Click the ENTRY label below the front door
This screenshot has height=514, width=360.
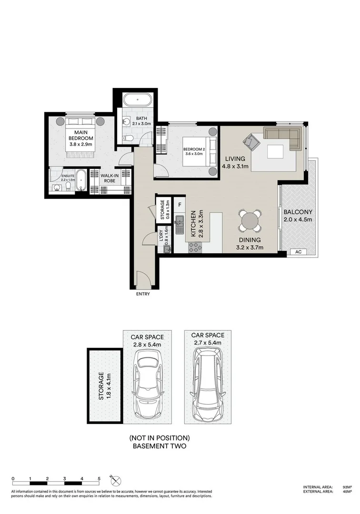point(143,294)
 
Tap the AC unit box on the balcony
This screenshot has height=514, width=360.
point(298,252)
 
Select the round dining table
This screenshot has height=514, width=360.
point(250,221)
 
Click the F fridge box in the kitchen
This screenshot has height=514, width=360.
point(180,205)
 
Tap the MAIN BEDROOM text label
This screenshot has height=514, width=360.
point(80,138)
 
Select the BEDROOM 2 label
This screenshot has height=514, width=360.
point(196,151)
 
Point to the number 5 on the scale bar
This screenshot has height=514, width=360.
point(99,479)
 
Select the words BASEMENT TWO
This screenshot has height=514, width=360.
point(160,446)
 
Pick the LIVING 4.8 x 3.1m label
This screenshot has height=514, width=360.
point(233,162)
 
